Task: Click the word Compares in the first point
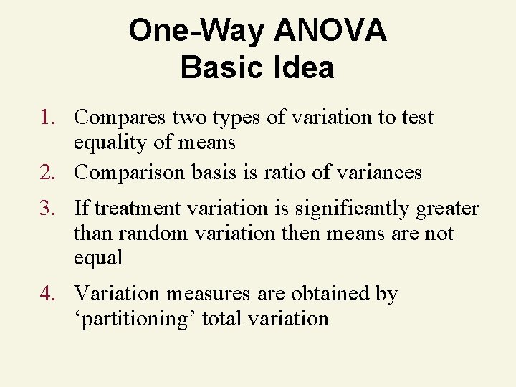click(x=116, y=117)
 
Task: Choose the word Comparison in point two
click(x=129, y=173)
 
